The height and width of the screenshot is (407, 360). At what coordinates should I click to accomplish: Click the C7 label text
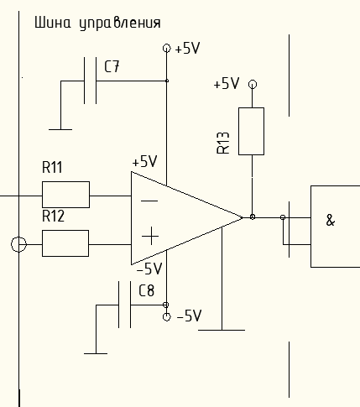pyautogui.click(x=112, y=67)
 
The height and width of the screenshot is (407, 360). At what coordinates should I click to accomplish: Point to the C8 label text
pyautogui.click(x=146, y=290)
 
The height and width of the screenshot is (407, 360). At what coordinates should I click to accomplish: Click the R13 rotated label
pyautogui.click(x=223, y=143)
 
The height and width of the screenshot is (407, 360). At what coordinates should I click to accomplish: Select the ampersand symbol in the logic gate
pyautogui.click(x=331, y=220)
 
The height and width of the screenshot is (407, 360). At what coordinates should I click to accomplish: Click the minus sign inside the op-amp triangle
pyautogui.click(x=149, y=201)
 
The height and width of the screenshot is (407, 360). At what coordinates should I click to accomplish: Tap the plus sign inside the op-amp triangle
pyautogui.click(x=150, y=236)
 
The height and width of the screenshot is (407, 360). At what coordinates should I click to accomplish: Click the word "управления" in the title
pyautogui.click(x=120, y=23)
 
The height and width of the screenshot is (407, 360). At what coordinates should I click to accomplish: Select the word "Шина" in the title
pyautogui.click(x=53, y=23)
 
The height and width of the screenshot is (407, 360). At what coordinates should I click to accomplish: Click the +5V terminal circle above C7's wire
pyautogui.click(x=167, y=49)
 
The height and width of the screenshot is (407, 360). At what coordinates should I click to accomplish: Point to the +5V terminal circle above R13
pyautogui.click(x=253, y=84)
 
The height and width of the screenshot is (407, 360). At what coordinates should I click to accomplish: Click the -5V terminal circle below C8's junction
pyautogui.click(x=166, y=317)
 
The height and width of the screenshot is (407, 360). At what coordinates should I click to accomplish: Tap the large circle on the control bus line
pyautogui.click(x=18, y=244)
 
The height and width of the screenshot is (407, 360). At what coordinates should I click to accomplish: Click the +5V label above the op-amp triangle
pyautogui.click(x=144, y=161)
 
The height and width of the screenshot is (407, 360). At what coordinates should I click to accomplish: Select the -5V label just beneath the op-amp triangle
pyautogui.click(x=149, y=269)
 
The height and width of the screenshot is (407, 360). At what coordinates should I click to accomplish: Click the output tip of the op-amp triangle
pyautogui.click(x=243, y=217)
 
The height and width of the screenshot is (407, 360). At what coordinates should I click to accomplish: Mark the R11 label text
pyautogui.click(x=52, y=167)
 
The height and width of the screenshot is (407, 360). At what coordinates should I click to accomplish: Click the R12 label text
pyautogui.click(x=53, y=216)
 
